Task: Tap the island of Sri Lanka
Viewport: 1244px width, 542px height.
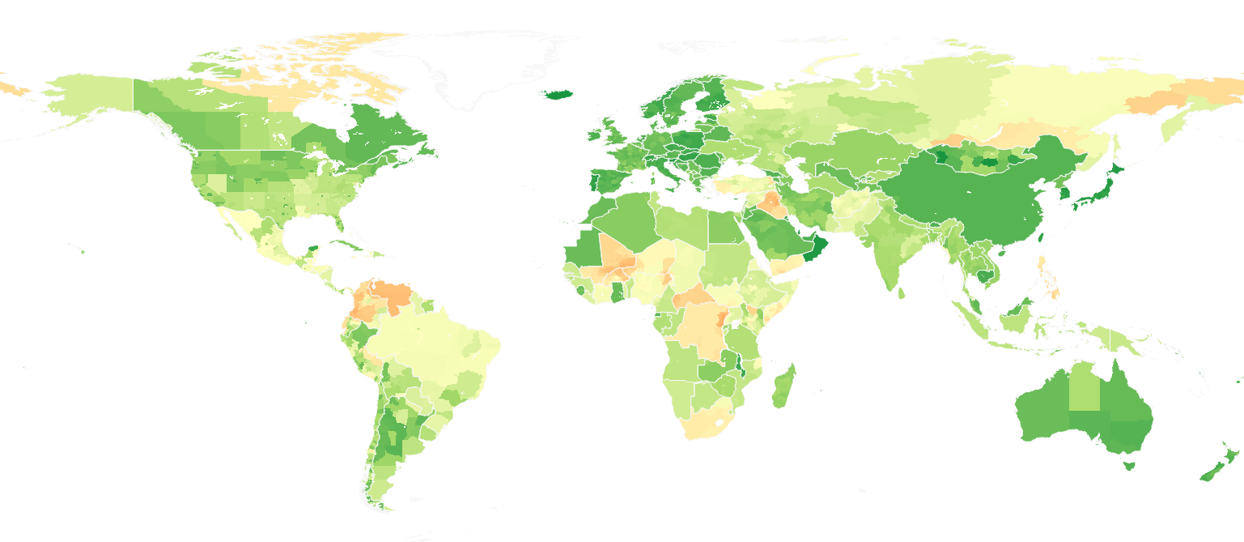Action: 900,292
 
